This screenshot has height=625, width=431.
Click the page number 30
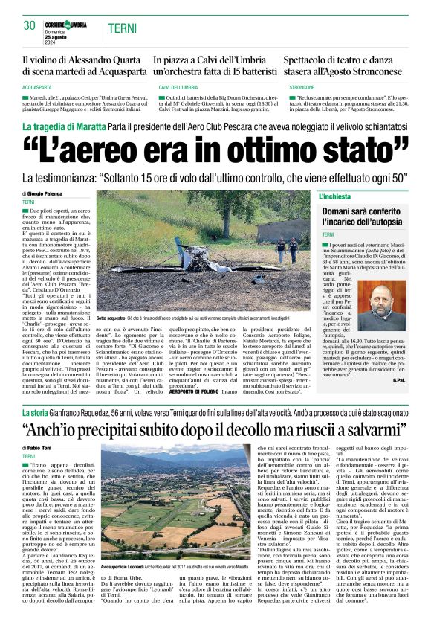click(x=29, y=25)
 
